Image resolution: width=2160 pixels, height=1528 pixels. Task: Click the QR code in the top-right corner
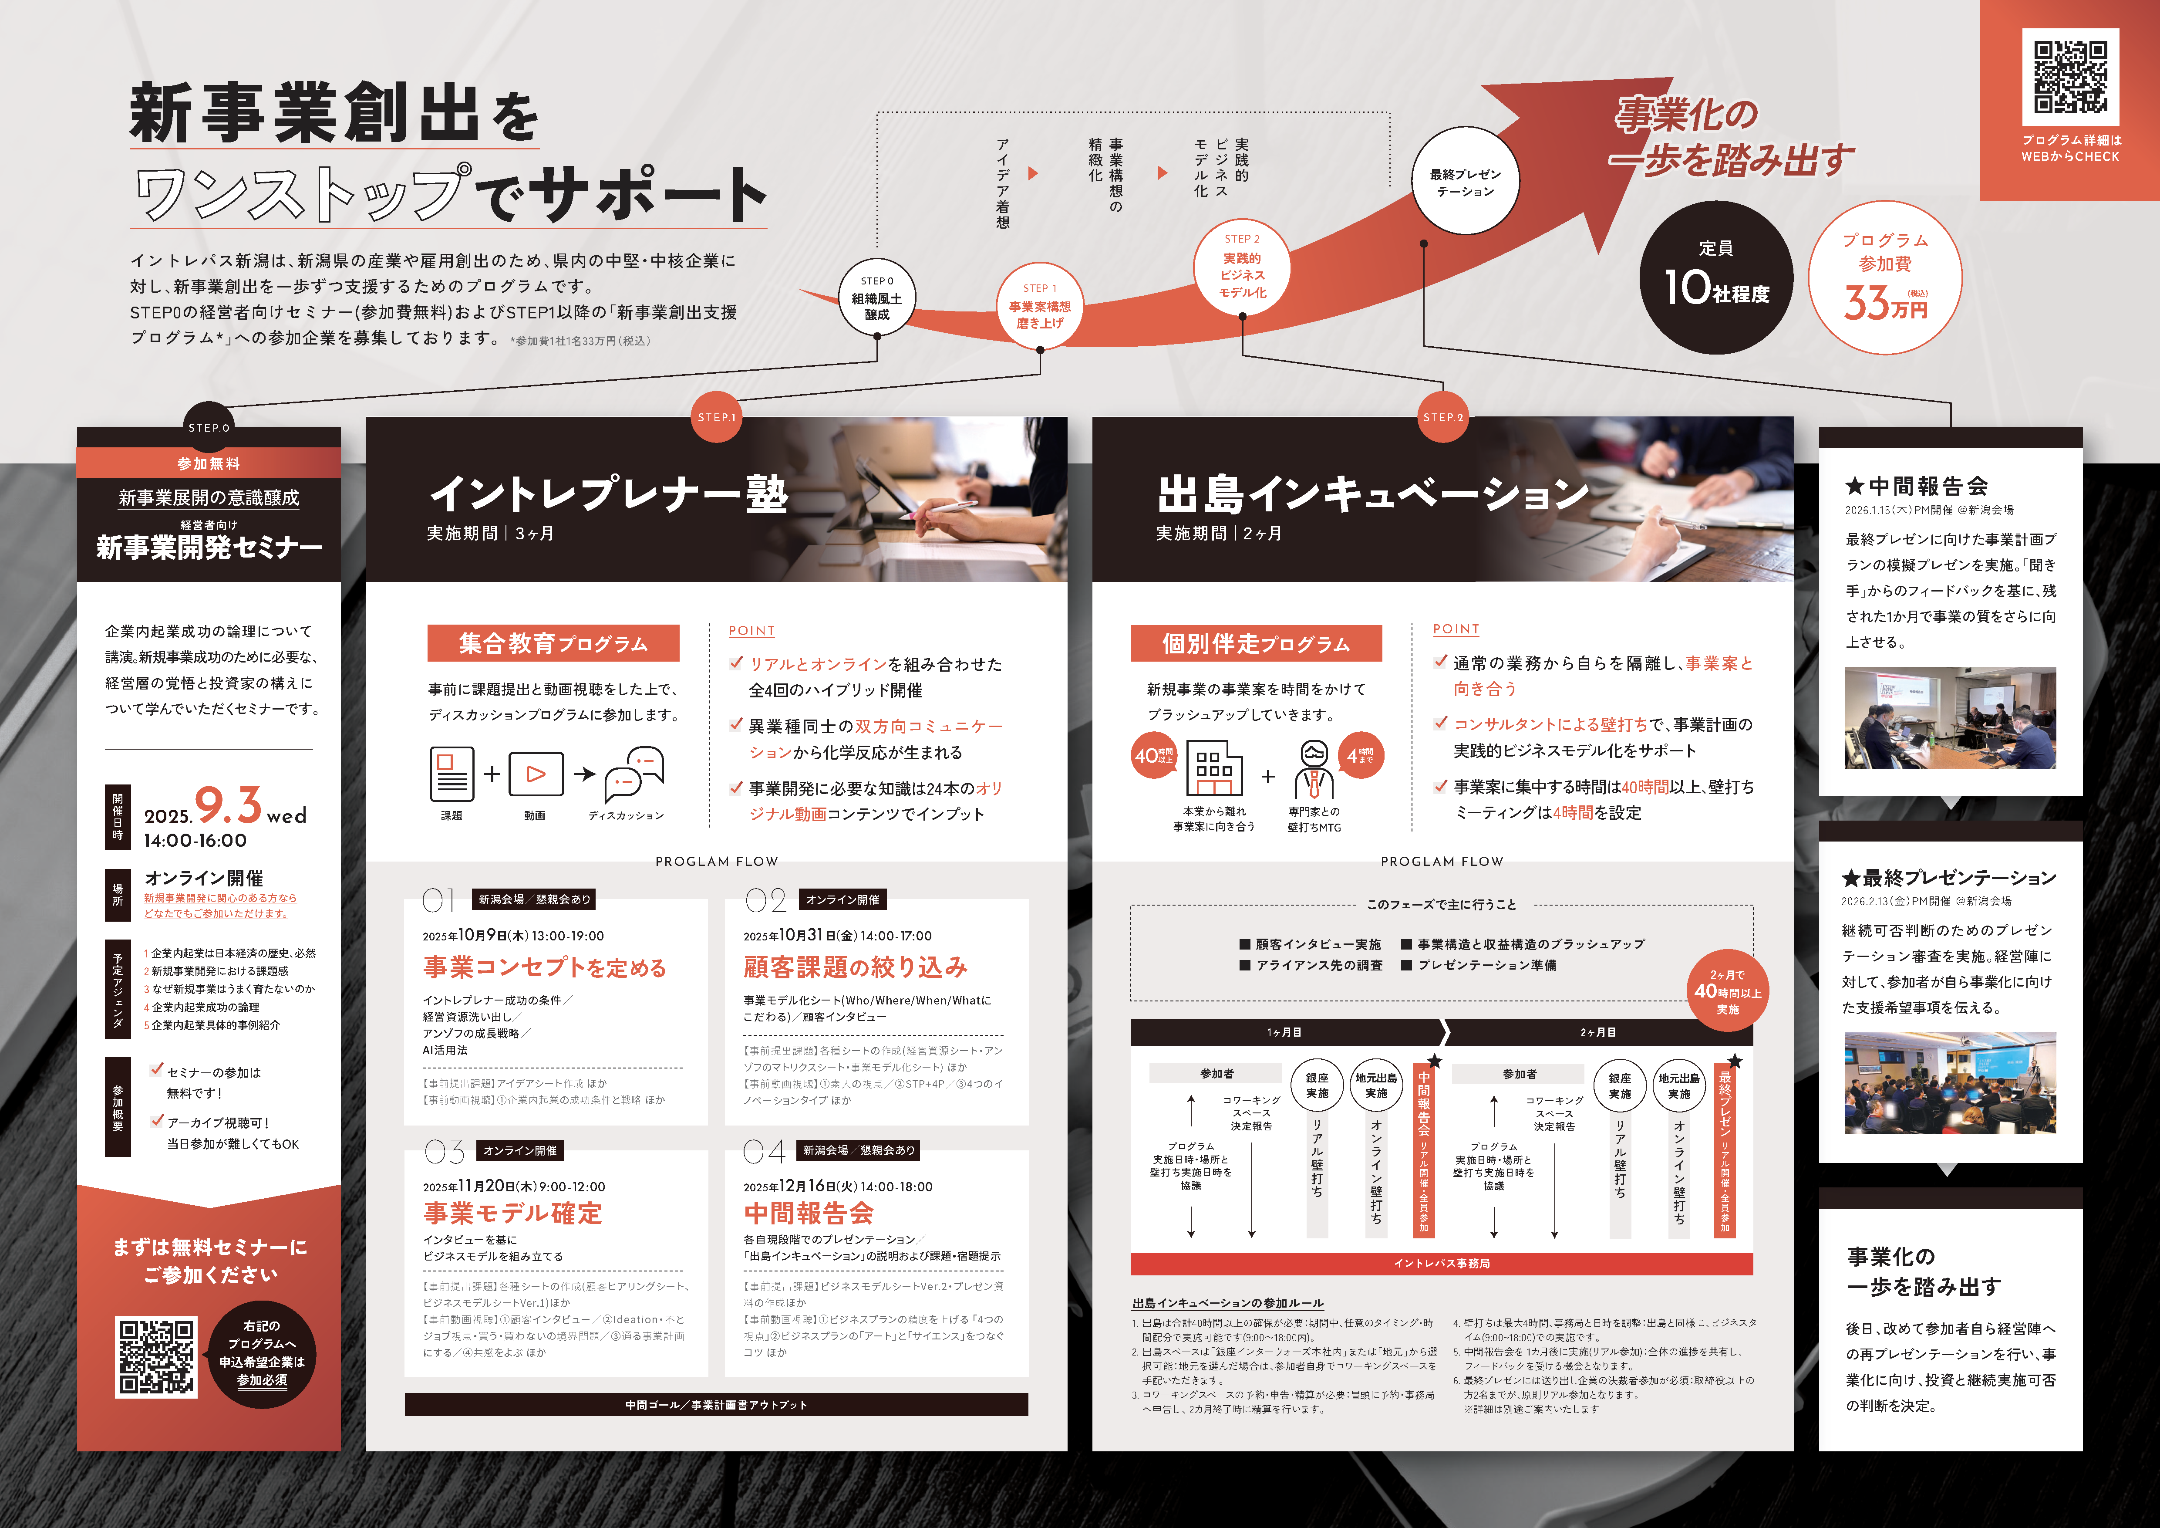click(2071, 76)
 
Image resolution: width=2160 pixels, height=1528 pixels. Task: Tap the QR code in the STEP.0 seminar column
click(156, 1357)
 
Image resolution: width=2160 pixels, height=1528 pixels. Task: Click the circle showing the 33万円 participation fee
click(1885, 277)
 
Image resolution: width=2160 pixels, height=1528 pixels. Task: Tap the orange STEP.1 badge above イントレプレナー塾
click(717, 417)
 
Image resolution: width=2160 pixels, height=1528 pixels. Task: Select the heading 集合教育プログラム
click(553, 644)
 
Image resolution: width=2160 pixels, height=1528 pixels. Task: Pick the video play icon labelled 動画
click(535, 774)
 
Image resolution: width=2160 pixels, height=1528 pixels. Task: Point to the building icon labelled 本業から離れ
click(1213, 768)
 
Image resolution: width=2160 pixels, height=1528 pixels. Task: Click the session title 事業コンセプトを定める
click(545, 967)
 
